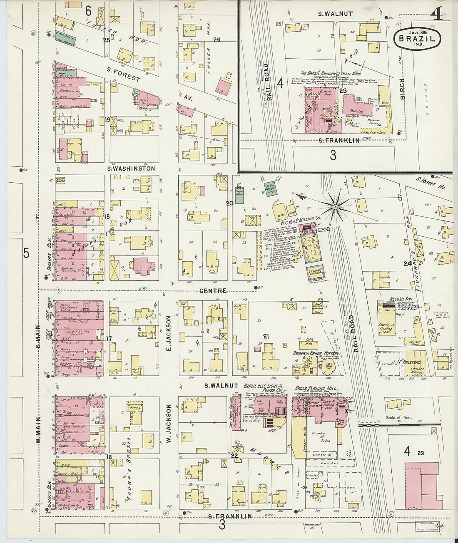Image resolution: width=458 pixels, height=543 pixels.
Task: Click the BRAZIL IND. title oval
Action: pos(417,39)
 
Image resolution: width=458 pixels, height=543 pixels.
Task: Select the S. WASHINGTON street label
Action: pos(131,169)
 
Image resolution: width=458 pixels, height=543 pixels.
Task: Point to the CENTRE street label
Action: pos(213,290)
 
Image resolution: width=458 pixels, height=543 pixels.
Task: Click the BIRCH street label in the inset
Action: pos(402,89)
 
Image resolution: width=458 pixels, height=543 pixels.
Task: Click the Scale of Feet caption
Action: pos(398,417)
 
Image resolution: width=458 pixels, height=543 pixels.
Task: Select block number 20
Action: pos(229,203)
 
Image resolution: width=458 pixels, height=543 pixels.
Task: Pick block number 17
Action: pos(109,338)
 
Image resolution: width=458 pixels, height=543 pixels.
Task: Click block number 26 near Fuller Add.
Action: pos(217,40)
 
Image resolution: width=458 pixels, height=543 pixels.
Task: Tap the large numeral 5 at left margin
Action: pos(26,253)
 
